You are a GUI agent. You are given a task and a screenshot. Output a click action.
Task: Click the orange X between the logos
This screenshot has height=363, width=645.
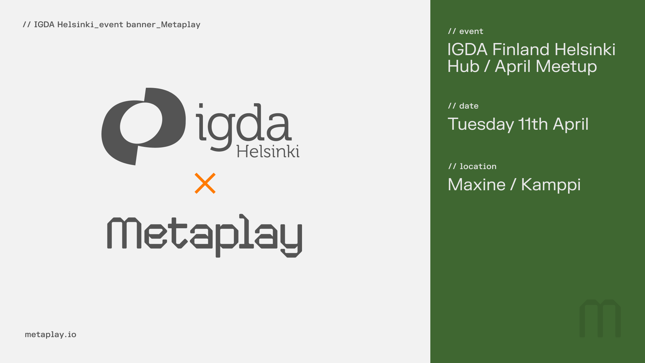(x=205, y=183)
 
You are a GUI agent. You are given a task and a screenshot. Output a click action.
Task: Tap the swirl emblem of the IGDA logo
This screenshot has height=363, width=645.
(x=143, y=126)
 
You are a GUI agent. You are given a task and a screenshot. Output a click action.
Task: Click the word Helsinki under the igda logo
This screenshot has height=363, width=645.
(x=268, y=152)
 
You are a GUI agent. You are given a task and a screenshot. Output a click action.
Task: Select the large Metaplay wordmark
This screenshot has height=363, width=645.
(x=204, y=235)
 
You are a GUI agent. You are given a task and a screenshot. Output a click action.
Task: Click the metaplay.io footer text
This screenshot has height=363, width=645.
(x=50, y=334)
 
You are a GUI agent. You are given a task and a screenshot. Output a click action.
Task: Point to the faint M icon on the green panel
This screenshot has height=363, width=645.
(x=600, y=318)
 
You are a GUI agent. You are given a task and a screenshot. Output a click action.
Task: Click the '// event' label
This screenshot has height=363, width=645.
(x=466, y=31)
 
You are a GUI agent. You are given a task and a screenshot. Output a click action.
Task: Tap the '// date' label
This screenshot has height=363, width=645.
(x=463, y=106)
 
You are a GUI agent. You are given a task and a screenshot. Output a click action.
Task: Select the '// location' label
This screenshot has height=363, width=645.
(x=472, y=166)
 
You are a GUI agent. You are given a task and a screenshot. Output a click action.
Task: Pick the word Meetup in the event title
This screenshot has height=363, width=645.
(x=566, y=67)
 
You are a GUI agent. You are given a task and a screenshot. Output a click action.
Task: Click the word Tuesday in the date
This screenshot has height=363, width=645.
(x=481, y=124)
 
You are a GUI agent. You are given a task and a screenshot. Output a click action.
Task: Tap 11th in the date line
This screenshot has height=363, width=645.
(x=533, y=124)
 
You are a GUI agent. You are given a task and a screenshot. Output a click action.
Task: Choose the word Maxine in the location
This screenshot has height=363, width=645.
(x=476, y=185)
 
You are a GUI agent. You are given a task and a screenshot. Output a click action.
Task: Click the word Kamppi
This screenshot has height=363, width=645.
(x=551, y=185)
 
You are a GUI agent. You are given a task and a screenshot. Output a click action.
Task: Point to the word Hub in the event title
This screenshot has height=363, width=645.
(x=463, y=66)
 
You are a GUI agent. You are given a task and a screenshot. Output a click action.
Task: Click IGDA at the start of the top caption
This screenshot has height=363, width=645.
(x=44, y=25)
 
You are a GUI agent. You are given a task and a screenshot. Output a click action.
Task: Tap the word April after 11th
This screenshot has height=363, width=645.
(x=570, y=124)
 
